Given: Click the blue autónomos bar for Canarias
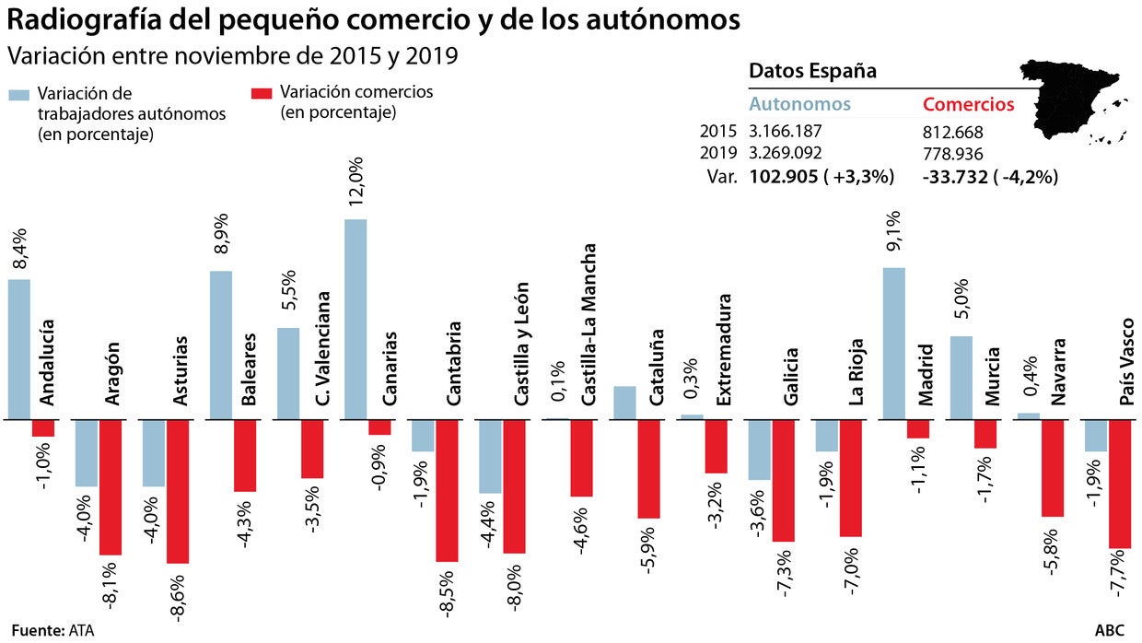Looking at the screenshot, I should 355,319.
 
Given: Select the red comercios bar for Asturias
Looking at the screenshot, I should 178,491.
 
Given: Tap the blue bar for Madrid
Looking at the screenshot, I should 894,344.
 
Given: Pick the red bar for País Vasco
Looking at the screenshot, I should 1120,484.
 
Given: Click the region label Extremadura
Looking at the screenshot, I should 725,350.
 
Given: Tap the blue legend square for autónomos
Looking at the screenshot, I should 18,95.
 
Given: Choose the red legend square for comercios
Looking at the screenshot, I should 262,93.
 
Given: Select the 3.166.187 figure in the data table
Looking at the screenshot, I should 786,131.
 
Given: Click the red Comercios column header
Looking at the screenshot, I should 968,104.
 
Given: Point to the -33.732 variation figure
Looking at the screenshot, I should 954,177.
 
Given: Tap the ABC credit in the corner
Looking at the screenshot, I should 1111,631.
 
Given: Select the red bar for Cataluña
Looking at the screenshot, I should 648,469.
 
